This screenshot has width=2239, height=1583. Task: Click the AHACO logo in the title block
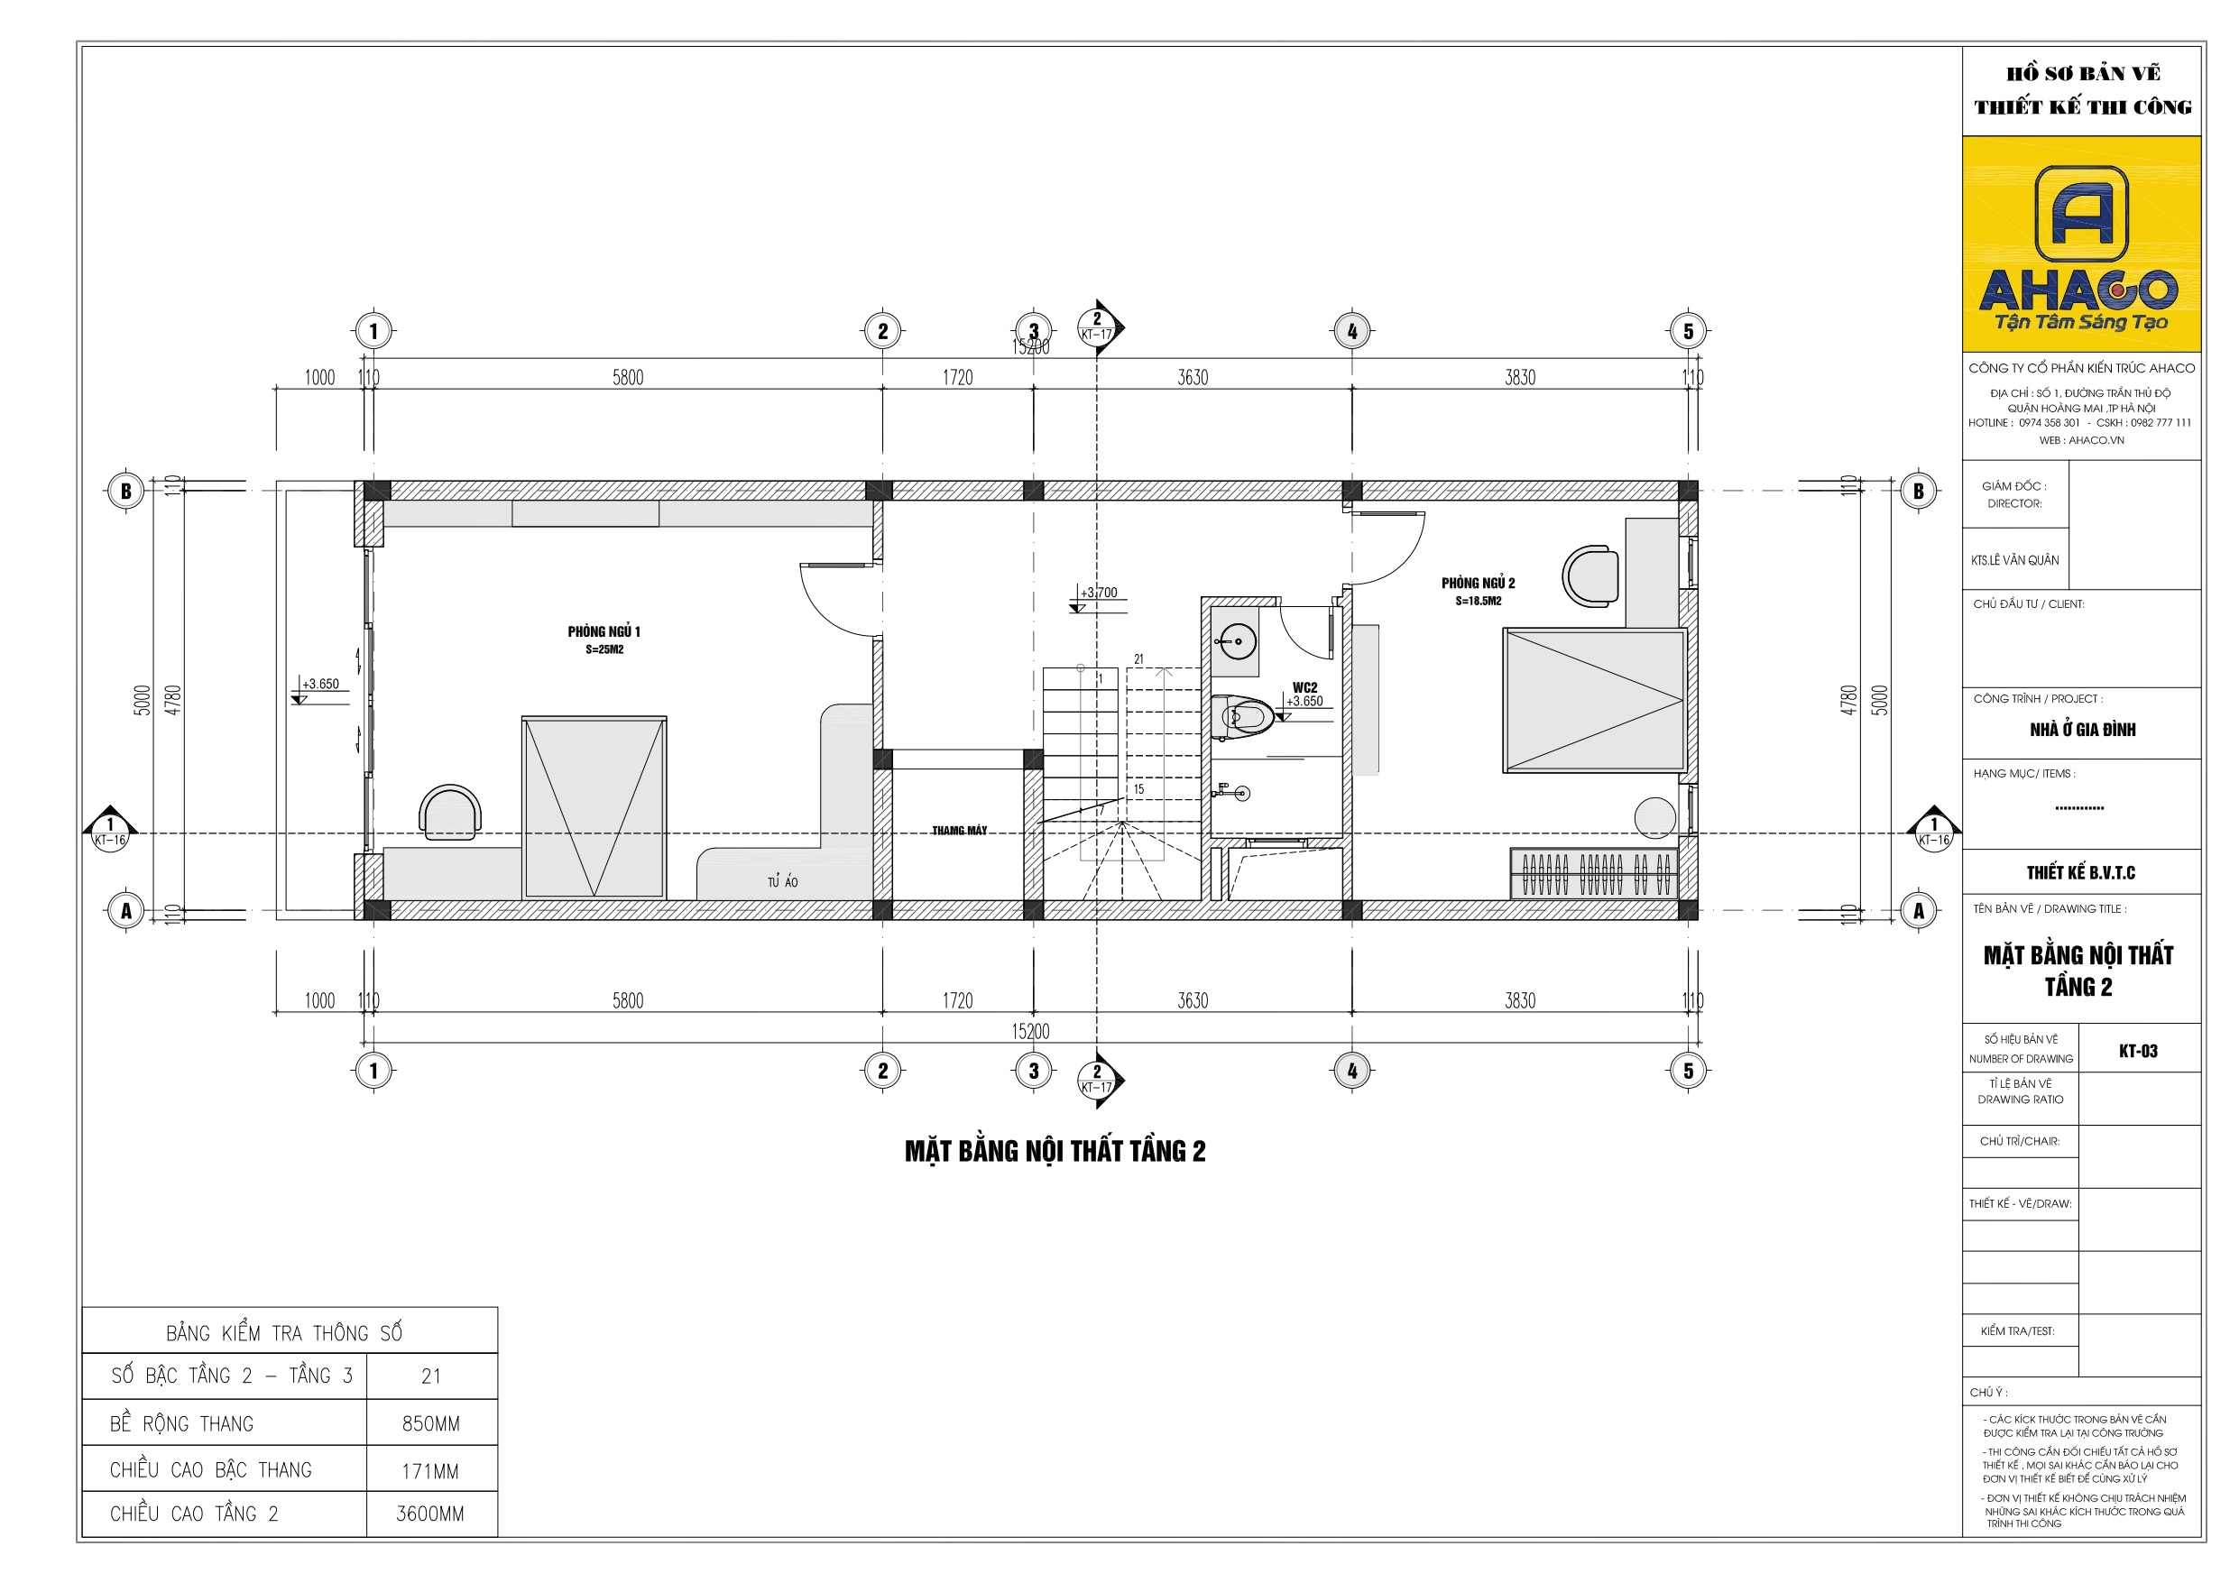tap(2081, 244)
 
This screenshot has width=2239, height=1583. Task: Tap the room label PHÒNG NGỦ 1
tap(604, 632)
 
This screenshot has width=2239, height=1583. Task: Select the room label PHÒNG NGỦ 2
tap(1478, 584)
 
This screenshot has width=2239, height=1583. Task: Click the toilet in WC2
tap(1244, 718)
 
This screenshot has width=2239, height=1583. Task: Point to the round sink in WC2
tap(1236, 642)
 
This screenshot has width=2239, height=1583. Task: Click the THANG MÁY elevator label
tap(959, 831)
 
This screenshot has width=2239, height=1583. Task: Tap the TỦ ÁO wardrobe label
tap(782, 883)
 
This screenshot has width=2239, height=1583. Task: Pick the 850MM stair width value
tap(430, 1424)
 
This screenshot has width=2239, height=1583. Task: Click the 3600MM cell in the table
tap(430, 1514)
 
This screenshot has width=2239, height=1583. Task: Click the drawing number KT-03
tap(2138, 1052)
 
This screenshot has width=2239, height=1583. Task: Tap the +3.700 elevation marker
tap(1099, 593)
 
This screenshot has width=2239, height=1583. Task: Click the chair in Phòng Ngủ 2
tap(1590, 575)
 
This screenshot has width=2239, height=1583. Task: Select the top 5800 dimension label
tap(628, 377)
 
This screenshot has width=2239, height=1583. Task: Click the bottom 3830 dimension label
tap(1519, 1000)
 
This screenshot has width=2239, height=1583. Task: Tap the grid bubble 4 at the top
tap(1351, 332)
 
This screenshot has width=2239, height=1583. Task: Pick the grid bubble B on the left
tap(125, 491)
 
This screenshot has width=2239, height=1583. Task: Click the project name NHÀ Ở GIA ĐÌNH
tap(2082, 730)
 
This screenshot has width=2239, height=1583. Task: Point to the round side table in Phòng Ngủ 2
tap(1654, 817)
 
